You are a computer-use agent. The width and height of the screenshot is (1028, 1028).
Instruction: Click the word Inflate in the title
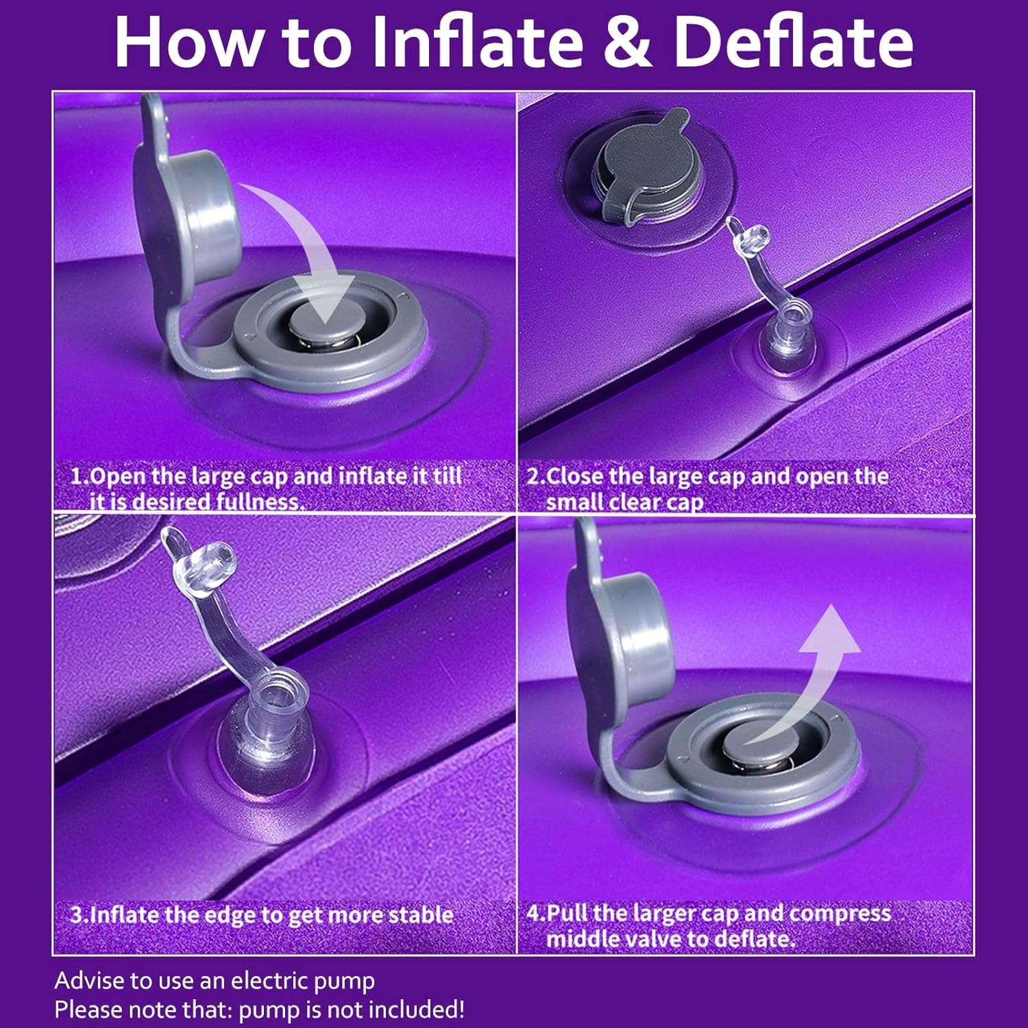[477, 42]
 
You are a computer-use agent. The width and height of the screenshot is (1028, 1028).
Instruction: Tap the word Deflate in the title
[794, 42]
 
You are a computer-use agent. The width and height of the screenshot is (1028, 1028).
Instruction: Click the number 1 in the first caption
[77, 476]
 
